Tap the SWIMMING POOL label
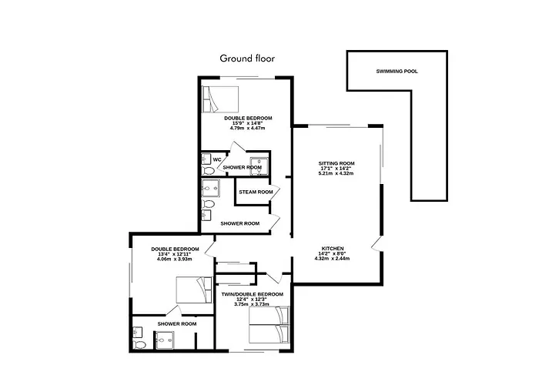397,71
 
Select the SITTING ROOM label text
336,163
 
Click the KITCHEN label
333,249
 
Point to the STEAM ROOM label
255,192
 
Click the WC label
217,159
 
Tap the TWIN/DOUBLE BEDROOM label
252,295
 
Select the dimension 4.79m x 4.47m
247,128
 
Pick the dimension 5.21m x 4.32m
336,173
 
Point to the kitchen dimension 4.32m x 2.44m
333,259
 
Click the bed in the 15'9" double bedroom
221,99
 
